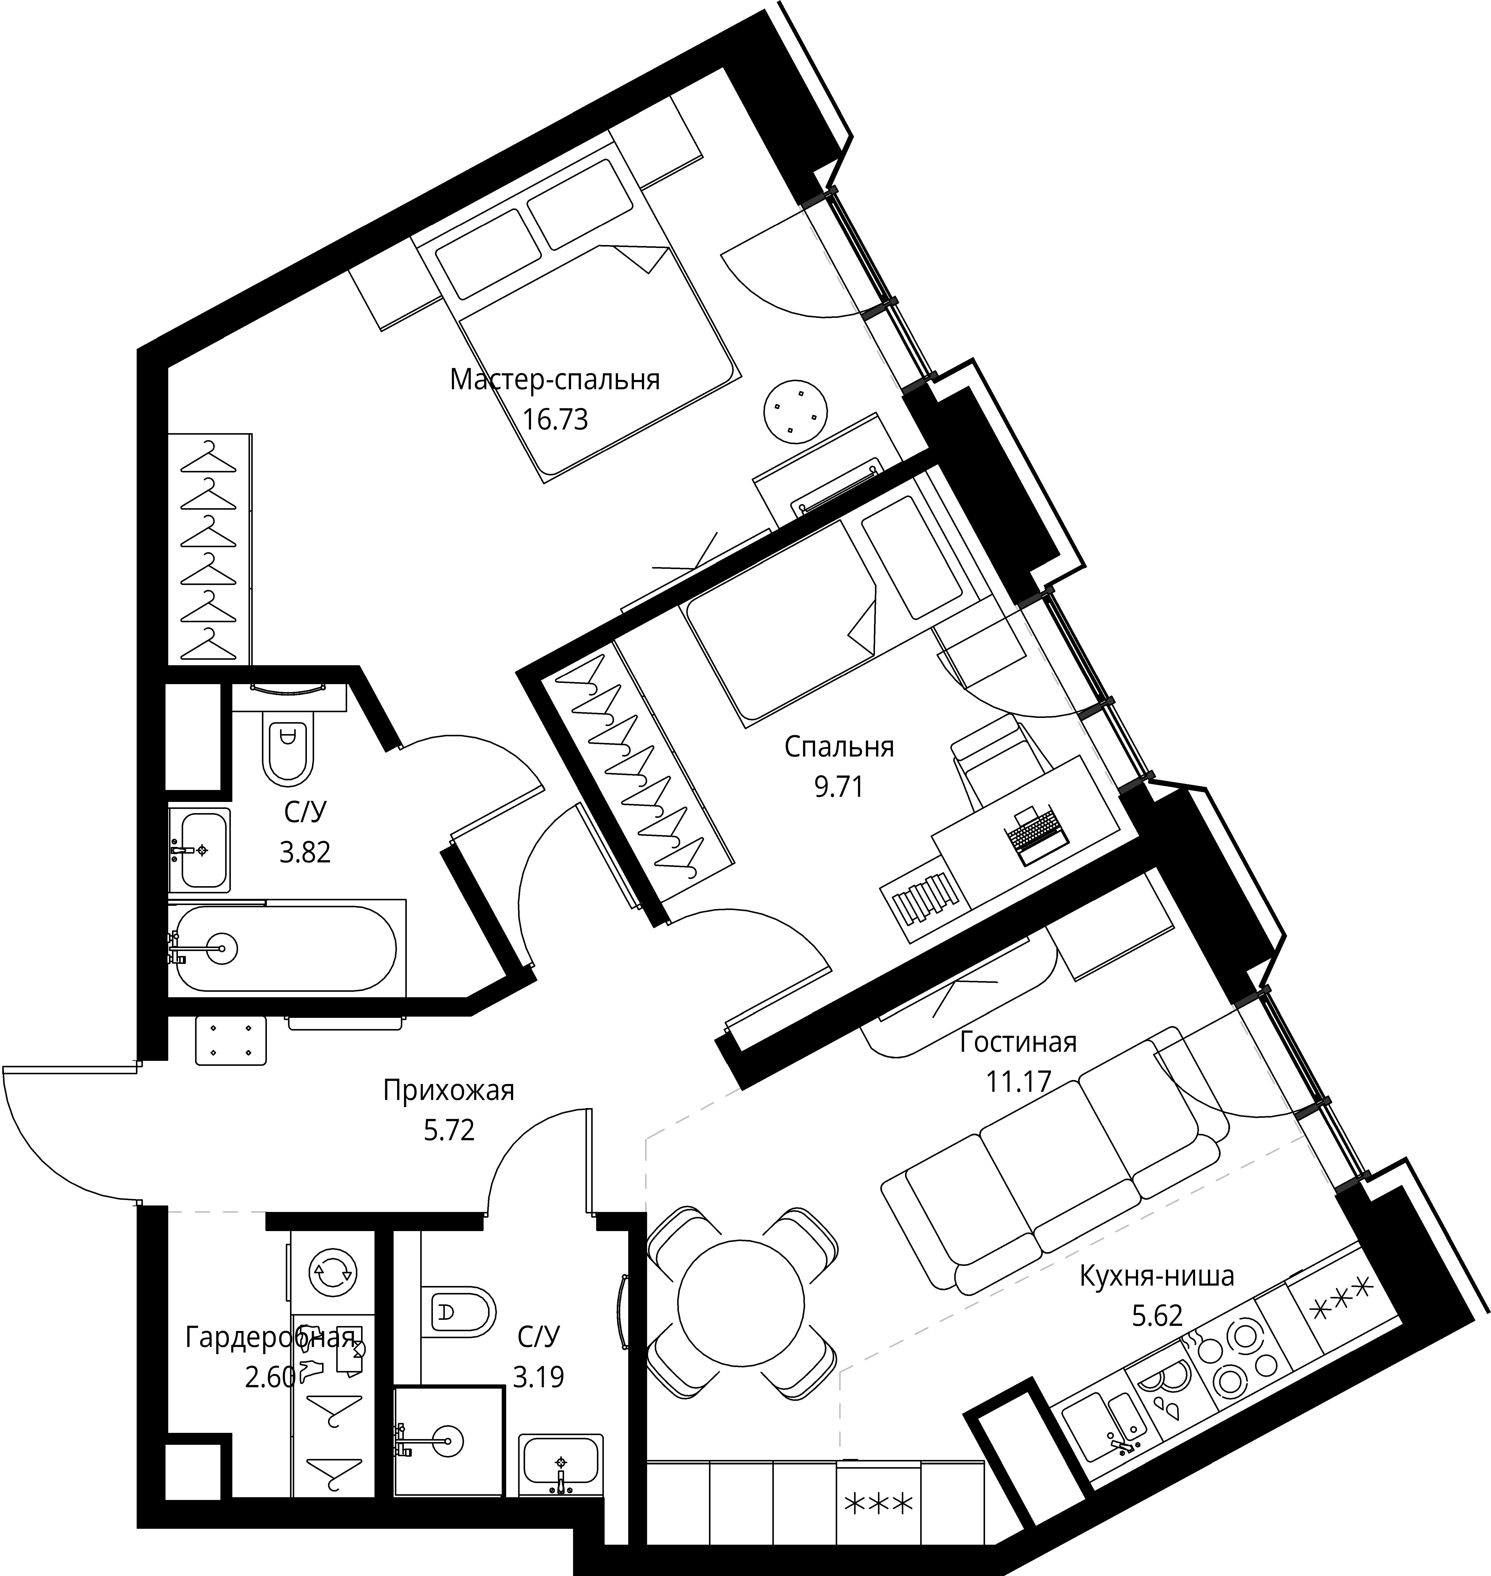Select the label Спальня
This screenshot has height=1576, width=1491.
click(839, 747)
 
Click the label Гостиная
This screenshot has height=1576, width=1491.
click(1018, 1042)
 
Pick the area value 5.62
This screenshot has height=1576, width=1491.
click(1157, 1315)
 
